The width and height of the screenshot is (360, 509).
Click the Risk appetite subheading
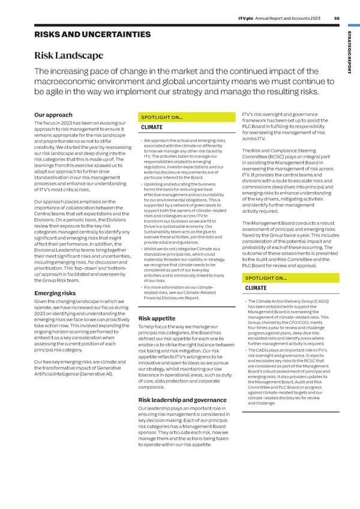point(158,318)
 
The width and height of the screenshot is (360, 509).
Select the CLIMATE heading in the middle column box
point(152,127)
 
